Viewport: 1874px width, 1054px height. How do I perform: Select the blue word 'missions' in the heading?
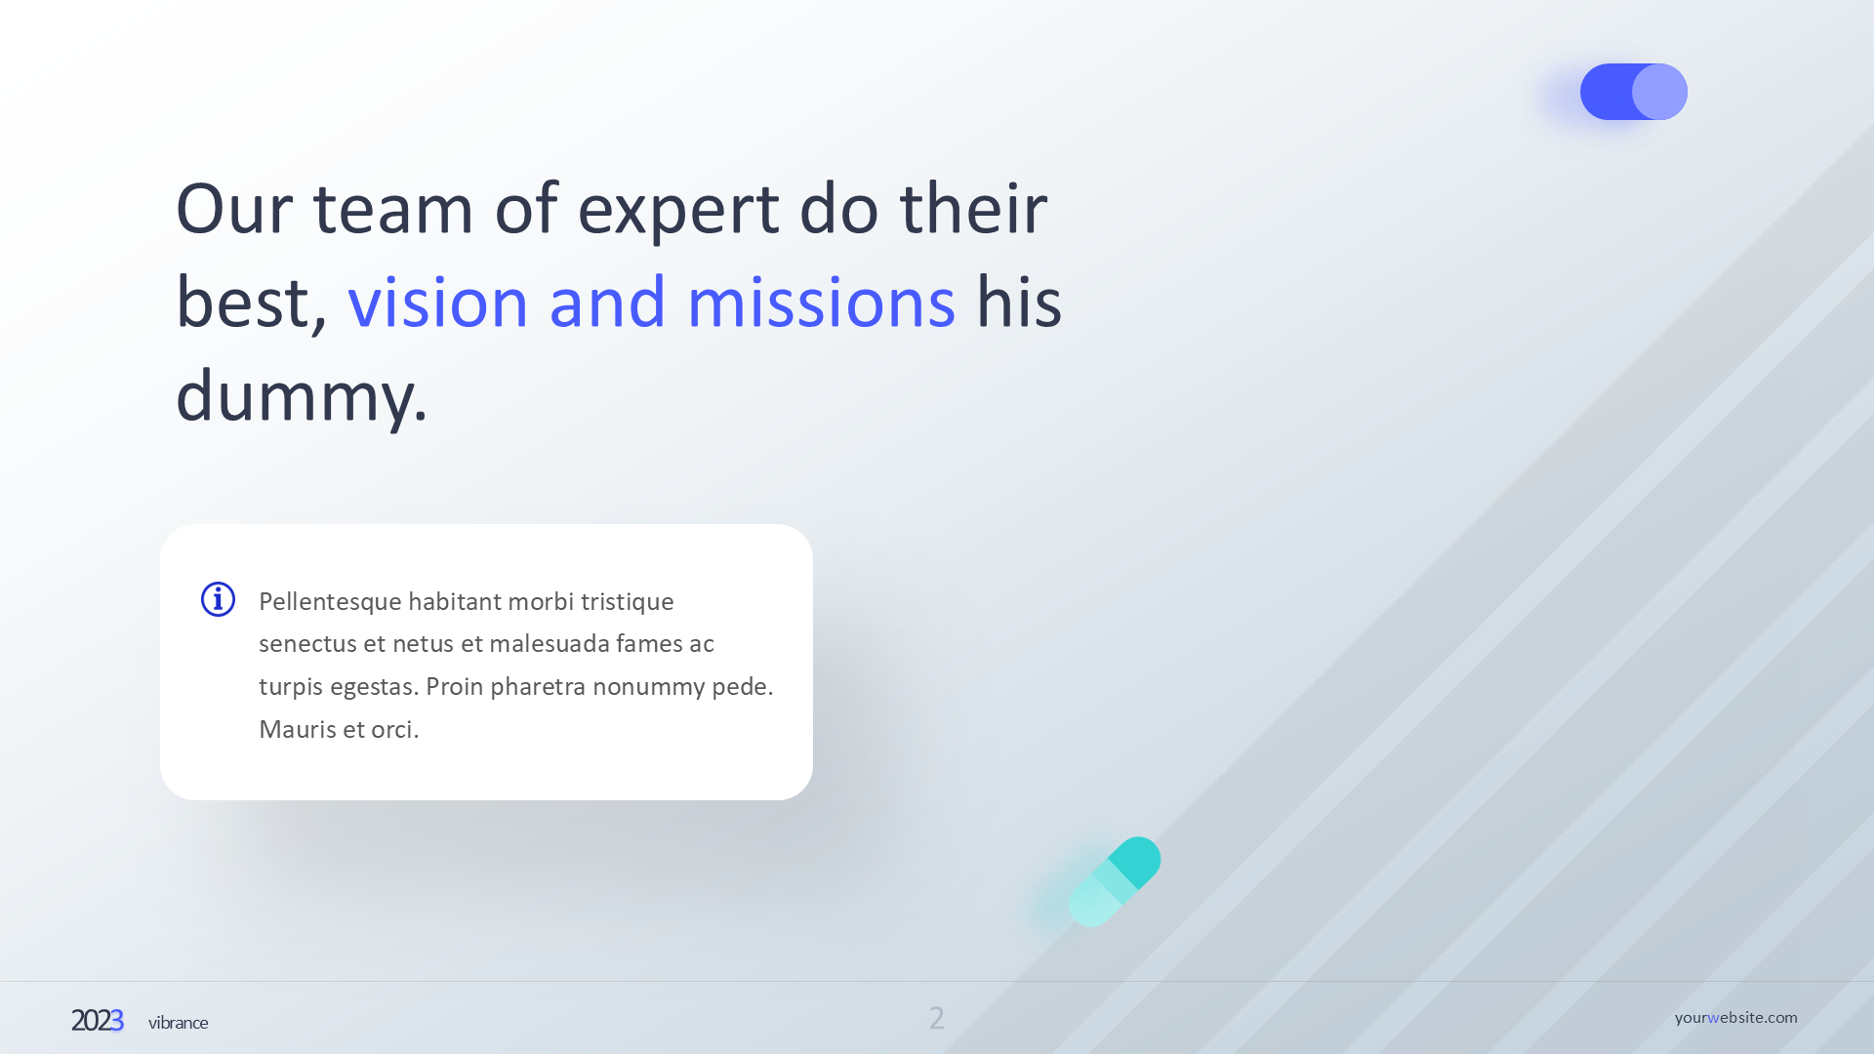(x=821, y=302)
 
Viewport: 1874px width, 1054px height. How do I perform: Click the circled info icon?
(x=218, y=599)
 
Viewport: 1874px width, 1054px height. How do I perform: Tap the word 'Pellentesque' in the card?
(x=330, y=603)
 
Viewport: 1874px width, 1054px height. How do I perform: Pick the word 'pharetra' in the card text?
(x=537, y=688)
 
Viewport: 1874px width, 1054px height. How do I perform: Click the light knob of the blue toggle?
(x=1659, y=92)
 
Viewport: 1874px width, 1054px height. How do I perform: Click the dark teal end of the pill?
(x=1136, y=861)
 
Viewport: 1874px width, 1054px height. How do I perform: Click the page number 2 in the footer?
(x=937, y=1019)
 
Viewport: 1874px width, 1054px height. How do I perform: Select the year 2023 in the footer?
(x=97, y=1021)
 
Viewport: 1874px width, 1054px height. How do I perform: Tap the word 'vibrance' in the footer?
(x=178, y=1023)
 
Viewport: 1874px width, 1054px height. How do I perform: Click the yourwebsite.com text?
(x=1735, y=1018)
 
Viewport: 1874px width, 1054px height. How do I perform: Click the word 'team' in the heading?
(x=393, y=211)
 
